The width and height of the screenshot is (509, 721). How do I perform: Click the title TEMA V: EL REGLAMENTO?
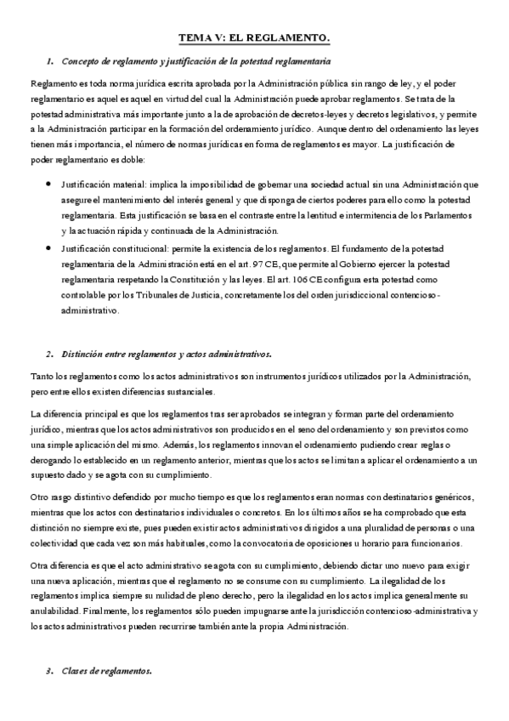254,38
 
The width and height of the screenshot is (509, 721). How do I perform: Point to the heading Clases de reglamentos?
106,671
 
